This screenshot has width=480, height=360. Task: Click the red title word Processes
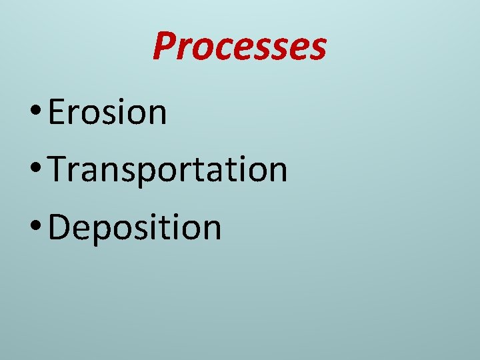click(x=239, y=46)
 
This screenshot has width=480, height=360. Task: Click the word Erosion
click(x=107, y=112)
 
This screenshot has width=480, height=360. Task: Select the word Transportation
click(x=168, y=169)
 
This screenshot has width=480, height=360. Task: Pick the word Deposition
click(x=135, y=227)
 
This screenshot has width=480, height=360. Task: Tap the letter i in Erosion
click(x=123, y=112)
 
